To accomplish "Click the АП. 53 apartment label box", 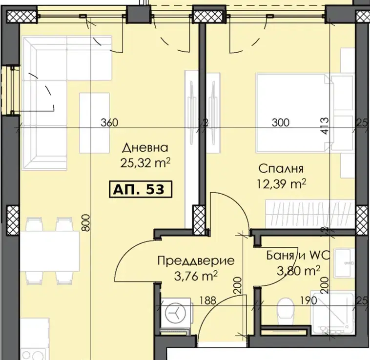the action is (x=141, y=189).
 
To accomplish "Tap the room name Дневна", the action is (x=145, y=148).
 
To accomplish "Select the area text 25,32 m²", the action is (x=145, y=162).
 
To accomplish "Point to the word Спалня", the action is (x=281, y=169).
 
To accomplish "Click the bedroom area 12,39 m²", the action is (x=281, y=183).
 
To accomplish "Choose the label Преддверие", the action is (x=196, y=261).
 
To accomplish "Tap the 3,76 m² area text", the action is (x=196, y=276).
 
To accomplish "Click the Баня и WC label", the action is (x=298, y=255).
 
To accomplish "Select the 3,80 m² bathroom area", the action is (x=299, y=270).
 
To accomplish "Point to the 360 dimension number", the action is (x=109, y=122).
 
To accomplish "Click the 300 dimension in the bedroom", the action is (x=281, y=122).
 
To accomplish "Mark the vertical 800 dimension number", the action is (x=86, y=223).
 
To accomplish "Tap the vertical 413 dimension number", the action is (x=325, y=126).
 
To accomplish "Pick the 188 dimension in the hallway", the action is (x=208, y=300).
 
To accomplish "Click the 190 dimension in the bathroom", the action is (x=308, y=300).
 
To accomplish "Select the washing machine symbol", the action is (x=176, y=313).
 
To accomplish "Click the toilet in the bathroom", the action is (x=286, y=311).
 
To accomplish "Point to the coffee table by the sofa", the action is (x=94, y=123).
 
